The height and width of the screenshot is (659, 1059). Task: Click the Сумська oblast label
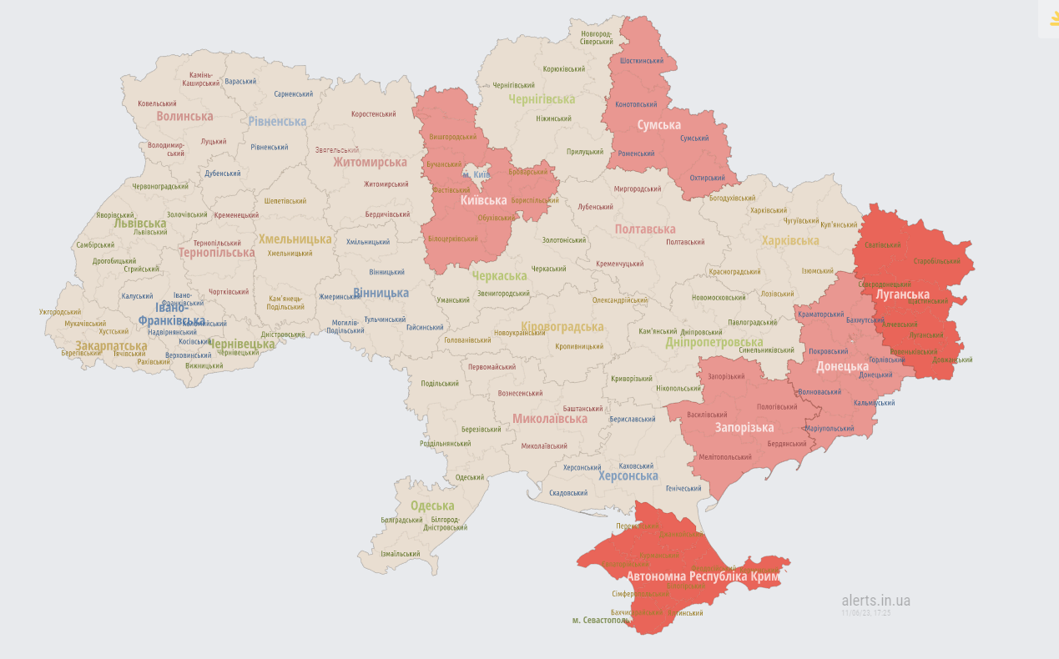pyautogui.click(x=659, y=125)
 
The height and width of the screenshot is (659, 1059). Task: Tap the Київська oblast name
pyautogui.click(x=483, y=201)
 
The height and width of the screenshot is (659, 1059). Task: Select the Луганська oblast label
pyautogui.click(x=902, y=294)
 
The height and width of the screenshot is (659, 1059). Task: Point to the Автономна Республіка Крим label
pyautogui.click(x=703, y=576)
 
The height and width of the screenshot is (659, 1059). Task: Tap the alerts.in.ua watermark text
pyautogui.click(x=875, y=601)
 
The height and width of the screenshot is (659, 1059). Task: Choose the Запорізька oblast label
pyautogui.click(x=744, y=428)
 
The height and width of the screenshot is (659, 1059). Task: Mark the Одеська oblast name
pyautogui.click(x=432, y=506)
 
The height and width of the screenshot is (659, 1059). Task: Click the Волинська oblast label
pyautogui.click(x=184, y=116)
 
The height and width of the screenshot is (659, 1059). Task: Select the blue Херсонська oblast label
pyautogui.click(x=628, y=475)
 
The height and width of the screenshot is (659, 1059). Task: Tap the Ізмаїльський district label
pyautogui.click(x=400, y=554)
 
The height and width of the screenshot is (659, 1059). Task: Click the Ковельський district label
pyautogui.click(x=157, y=104)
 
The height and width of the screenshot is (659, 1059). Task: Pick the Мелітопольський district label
pyautogui.click(x=725, y=457)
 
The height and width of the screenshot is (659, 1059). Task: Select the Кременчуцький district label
pyautogui.click(x=620, y=264)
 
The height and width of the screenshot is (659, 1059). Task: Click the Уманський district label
pyautogui.click(x=453, y=299)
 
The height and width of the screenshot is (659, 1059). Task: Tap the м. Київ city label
pyautogui.click(x=476, y=174)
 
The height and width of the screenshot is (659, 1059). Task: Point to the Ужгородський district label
pyautogui.click(x=60, y=312)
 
